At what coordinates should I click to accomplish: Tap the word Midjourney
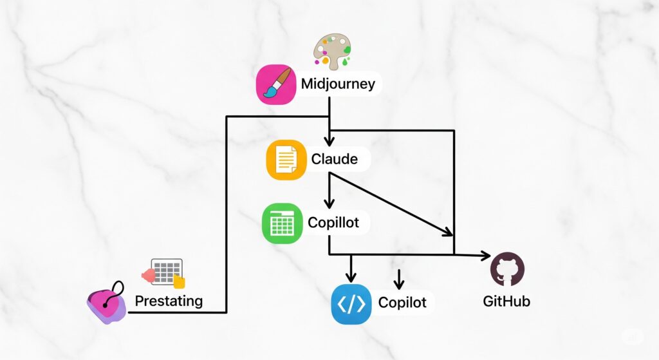(x=338, y=84)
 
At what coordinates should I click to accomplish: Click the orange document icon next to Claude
(x=285, y=160)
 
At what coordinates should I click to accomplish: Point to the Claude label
(x=334, y=158)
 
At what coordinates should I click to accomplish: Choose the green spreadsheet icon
(x=282, y=223)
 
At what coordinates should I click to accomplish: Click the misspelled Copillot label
(x=338, y=223)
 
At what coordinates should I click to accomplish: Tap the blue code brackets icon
(x=351, y=303)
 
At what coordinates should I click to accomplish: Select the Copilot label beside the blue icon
(x=402, y=302)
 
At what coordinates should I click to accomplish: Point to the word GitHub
(x=506, y=301)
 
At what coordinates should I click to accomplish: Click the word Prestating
(x=169, y=300)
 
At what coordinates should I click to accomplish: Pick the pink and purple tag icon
(x=107, y=304)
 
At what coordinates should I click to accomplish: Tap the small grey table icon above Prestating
(x=166, y=272)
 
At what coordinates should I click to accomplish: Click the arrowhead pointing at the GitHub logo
(x=485, y=256)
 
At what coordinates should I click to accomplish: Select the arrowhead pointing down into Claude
(x=329, y=141)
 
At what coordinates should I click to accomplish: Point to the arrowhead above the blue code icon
(x=351, y=277)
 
